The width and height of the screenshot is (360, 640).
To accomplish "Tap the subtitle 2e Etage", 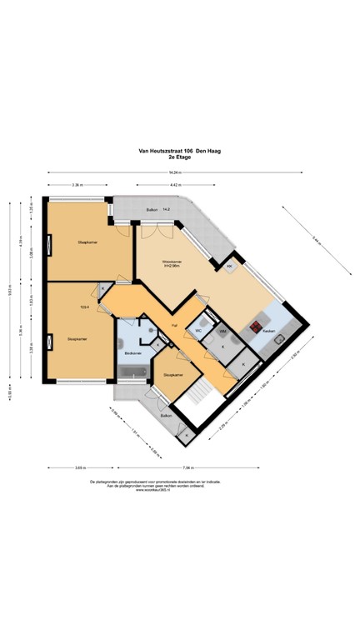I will [179, 157].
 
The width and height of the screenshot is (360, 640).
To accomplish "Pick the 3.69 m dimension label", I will [80, 467].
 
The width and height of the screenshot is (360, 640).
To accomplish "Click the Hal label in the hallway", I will [173, 324].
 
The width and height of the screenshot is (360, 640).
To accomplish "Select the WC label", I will [198, 331].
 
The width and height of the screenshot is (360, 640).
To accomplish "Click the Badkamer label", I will [132, 354].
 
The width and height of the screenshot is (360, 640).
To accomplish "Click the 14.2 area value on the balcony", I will [167, 209].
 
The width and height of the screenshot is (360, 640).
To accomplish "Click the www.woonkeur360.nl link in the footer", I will [179, 490].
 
